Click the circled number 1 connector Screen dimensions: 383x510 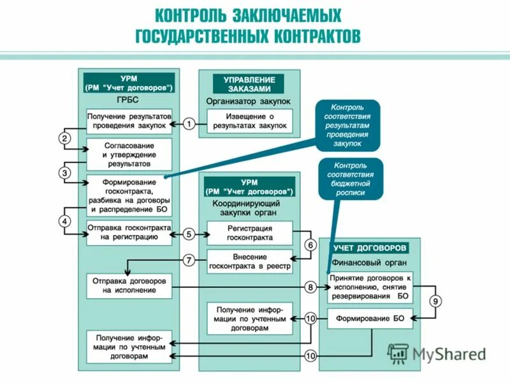click(189, 124)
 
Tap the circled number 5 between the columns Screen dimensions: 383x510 click(189, 234)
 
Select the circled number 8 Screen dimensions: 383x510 click(310, 288)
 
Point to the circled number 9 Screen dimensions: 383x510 click(435, 301)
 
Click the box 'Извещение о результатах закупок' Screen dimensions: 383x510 click(249, 121)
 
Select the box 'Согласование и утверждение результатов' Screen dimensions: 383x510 click(129, 154)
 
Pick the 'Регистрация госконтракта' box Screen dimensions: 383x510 click(249, 233)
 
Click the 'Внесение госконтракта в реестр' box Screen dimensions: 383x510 click(249, 261)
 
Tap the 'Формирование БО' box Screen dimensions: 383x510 click(370, 318)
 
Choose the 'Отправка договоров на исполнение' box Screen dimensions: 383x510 click(129, 285)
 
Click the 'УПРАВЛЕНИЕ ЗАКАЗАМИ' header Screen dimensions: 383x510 click(249, 84)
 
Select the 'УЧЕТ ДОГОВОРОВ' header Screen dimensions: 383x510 click(370, 248)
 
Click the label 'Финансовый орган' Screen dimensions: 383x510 click(370, 262)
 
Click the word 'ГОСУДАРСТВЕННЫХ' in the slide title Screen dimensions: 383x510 click(203, 36)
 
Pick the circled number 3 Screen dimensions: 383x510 click(65, 173)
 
